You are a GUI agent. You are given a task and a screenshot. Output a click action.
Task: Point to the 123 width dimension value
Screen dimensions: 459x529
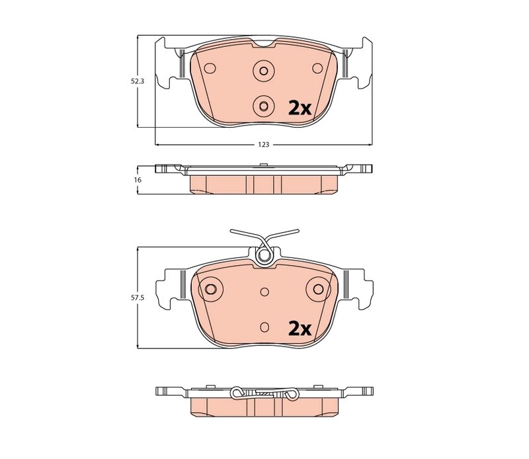click(x=264, y=144)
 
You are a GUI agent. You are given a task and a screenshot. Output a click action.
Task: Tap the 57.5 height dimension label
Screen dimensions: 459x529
click(x=136, y=298)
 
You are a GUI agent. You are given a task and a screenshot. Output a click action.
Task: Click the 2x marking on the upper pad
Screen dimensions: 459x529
click(x=299, y=108)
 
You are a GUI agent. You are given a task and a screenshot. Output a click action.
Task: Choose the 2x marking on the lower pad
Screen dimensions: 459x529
click(x=299, y=329)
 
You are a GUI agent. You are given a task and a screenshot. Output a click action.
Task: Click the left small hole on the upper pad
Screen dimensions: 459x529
click(x=211, y=68)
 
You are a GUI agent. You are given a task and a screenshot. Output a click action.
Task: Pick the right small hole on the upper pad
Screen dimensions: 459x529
click(x=317, y=68)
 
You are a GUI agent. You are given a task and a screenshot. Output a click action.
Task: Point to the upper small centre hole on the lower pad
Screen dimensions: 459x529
click(x=264, y=290)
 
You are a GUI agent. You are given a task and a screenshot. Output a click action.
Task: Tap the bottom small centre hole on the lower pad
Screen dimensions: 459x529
click(x=264, y=325)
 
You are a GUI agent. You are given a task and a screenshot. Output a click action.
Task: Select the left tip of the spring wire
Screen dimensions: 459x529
click(x=231, y=231)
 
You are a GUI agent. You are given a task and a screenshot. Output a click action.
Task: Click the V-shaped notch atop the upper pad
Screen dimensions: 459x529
click(x=264, y=44)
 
